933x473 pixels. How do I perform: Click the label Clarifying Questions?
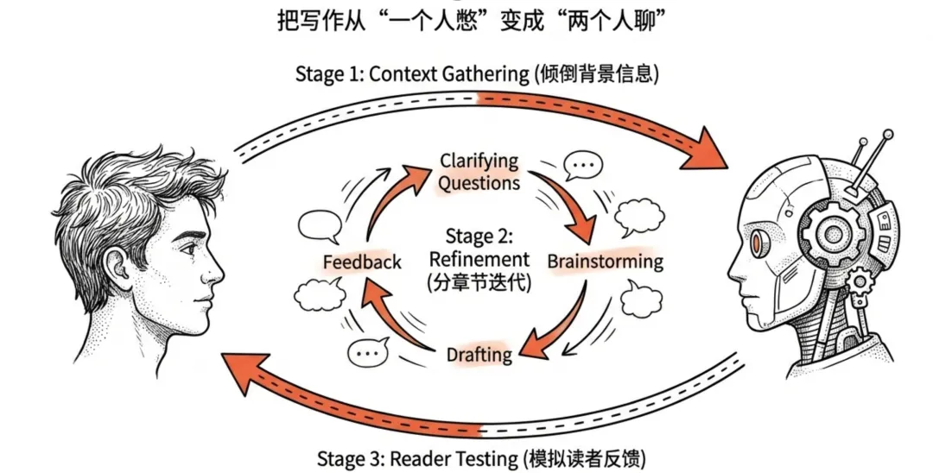(479, 172)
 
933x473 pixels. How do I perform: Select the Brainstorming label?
(605, 261)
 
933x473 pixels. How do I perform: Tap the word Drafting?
(479, 354)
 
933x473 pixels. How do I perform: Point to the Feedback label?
(362, 262)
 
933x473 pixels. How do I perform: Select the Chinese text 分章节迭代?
(479, 281)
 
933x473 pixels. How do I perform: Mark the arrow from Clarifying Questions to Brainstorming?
(567, 204)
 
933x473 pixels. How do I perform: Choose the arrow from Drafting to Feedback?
(389, 319)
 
